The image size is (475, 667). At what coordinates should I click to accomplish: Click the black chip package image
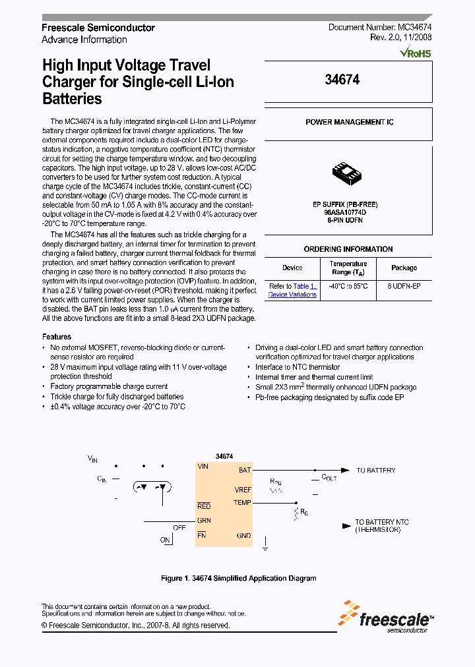[348, 175]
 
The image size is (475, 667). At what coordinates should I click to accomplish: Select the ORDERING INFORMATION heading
[348, 249]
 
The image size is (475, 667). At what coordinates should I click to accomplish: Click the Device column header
[292, 268]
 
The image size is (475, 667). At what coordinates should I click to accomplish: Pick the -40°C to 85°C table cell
[348, 286]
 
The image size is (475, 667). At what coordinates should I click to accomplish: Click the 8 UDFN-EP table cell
[404, 286]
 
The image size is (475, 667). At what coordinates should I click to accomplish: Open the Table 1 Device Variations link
[293, 291]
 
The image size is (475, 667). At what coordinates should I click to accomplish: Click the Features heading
[56, 337]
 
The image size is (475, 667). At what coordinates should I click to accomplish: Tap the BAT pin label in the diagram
[244, 470]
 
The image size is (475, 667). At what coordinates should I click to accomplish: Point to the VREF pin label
[242, 490]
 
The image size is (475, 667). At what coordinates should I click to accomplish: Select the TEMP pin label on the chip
[242, 503]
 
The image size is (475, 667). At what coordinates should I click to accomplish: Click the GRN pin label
[204, 520]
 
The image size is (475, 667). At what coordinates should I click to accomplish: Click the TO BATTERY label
[375, 471]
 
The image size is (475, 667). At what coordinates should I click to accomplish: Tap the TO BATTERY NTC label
[381, 525]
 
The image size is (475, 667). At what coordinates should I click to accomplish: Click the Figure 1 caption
[238, 578]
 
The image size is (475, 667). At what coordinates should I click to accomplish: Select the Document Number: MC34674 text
[380, 28]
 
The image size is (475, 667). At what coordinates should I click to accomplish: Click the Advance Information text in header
[84, 40]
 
